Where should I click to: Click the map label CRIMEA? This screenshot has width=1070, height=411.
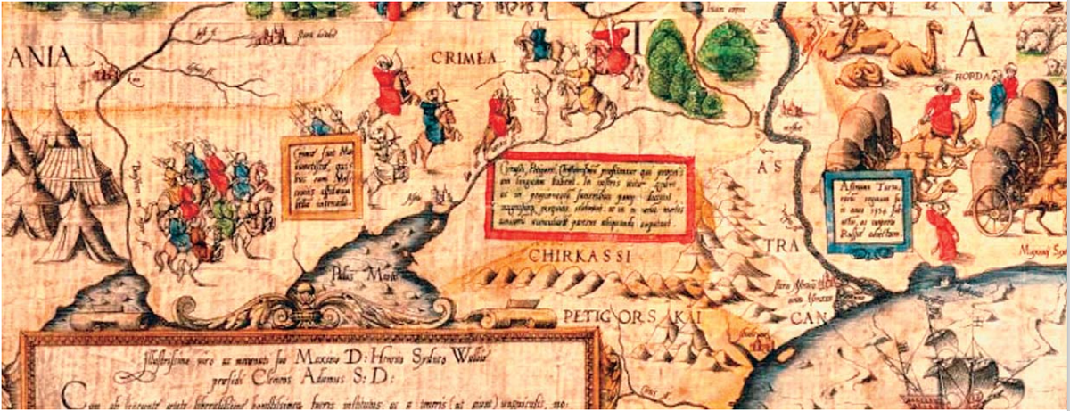(459, 55)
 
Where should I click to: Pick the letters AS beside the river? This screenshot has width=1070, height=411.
(766, 168)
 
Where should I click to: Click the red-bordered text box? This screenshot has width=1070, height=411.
(588, 201)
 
